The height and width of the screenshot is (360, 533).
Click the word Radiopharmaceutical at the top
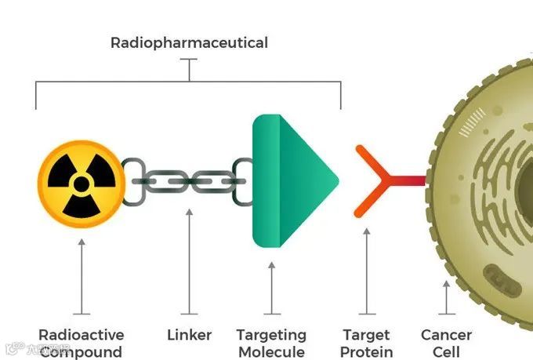click(189, 42)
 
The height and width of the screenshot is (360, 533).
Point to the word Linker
click(190, 335)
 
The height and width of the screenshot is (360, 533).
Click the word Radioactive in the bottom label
click(82, 335)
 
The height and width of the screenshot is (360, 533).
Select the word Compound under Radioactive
click(82, 352)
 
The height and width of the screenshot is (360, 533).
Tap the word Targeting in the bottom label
click(271, 335)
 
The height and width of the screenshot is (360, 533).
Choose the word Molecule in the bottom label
click(271, 352)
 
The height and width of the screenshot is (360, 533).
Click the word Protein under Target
click(368, 352)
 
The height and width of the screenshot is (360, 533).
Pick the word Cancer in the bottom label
click(447, 335)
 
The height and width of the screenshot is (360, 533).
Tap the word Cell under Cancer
click(447, 352)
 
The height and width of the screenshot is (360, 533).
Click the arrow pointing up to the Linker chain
click(189, 259)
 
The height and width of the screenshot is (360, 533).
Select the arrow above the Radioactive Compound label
click(82, 275)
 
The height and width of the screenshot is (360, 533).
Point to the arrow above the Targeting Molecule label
click(272, 286)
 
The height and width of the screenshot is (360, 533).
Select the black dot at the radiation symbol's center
click(81, 184)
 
